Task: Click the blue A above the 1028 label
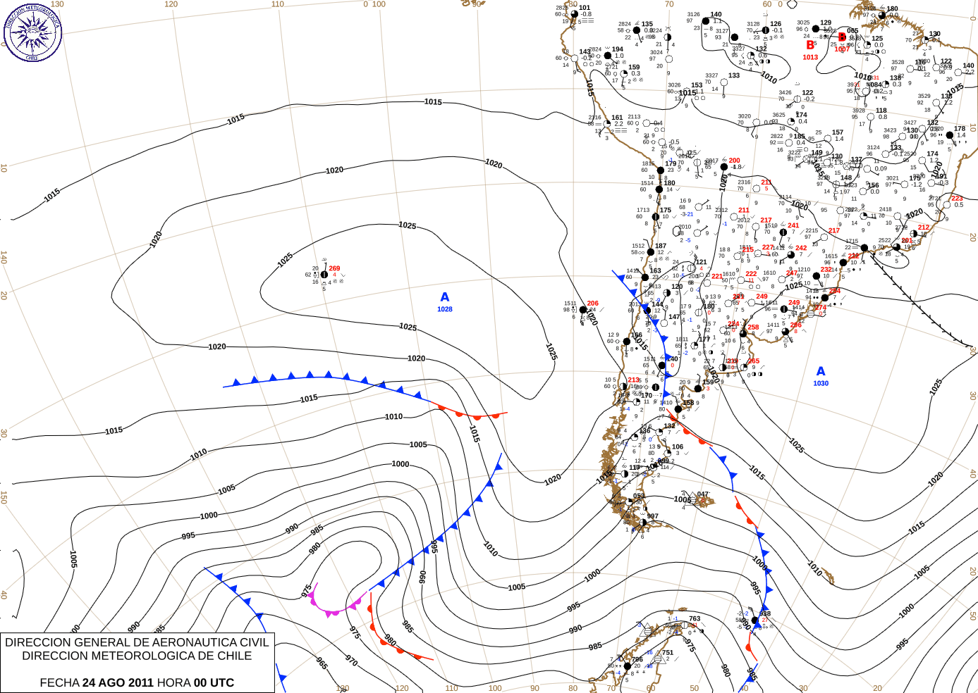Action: pyautogui.click(x=444, y=297)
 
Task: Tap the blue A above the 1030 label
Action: pyautogui.click(x=820, y=371)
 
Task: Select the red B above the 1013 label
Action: pyautogui.click(x=810, y=45)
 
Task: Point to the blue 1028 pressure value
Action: pyautogui.click(x=444, y=309)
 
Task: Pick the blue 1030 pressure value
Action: pyautogui.click(x=820, y=383)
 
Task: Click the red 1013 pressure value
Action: pyautogui.click(x=810, y=57)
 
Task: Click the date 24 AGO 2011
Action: pyautogui.click(x=118, y=682)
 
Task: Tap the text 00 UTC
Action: pyautogui.click(x=214, y=682)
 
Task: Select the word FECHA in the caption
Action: pyautogui.click(x=59, y=682)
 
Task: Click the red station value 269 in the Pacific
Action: pyautogui.click(x=334, y=268)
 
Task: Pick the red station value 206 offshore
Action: pyautogui.click(x=592, y=304)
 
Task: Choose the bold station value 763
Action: pyautogui.click(x=695, y=618)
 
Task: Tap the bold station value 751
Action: pyautogui.click(x=668, y=652)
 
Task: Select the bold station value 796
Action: pyautogui.click(x=637, y=660)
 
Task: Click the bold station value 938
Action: pyautogui.click(x=765, y=613)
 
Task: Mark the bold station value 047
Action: pyautogui.click(x=703, y=494)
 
